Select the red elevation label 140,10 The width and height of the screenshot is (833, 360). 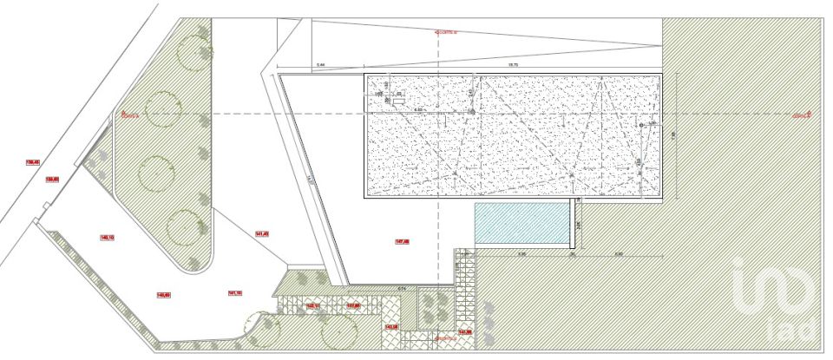[x=108, y=236]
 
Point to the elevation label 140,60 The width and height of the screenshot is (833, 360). [x=163, y=295]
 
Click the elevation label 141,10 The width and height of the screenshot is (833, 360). [x=234, y=293]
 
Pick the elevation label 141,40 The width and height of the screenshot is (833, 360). [x=262, y=233]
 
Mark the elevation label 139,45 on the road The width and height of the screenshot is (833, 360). [x=33, y=161]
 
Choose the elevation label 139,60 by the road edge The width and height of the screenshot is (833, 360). [x=52, y=179]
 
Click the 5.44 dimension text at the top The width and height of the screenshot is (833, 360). [x=319, y=65]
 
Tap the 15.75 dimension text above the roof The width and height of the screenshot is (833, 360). [x=512, y=65]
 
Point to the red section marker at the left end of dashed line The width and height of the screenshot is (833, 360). [x=129, y=114]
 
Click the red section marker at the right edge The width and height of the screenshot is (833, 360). [x=801, y=114]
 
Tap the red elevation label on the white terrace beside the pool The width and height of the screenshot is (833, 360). [x=402, y=241]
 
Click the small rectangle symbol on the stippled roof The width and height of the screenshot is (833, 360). [x=398, y=101]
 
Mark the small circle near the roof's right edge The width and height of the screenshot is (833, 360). [x=641, y=126]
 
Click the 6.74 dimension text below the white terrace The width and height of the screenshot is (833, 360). [x=401, y=288]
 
